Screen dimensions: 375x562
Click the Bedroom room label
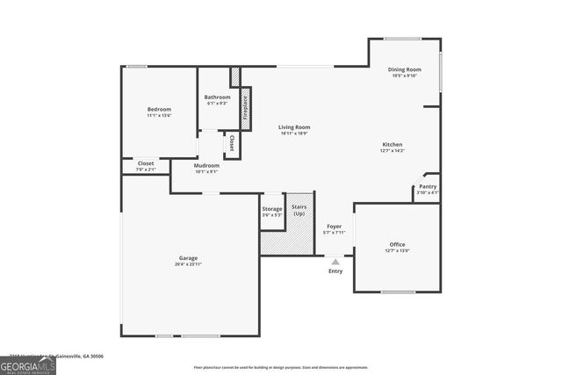point(159,109)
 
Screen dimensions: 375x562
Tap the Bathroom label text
point(218,97)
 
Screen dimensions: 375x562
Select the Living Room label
point(295,127)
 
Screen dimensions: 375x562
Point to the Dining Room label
point(406,69)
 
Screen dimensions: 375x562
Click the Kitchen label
point(393,145)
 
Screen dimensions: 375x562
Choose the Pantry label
point(428,186)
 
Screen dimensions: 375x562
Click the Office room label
point(398,244)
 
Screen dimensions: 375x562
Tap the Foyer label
point(334,227)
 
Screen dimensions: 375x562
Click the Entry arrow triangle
point(335,261)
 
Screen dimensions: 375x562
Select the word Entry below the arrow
point(335,270)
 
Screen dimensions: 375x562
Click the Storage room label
point(272,209)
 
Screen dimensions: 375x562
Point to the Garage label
point(188,258)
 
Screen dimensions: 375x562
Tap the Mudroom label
point(206,165)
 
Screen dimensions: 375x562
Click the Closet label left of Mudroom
point(146,163)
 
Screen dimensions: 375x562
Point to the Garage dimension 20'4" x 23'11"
point(188,264)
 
